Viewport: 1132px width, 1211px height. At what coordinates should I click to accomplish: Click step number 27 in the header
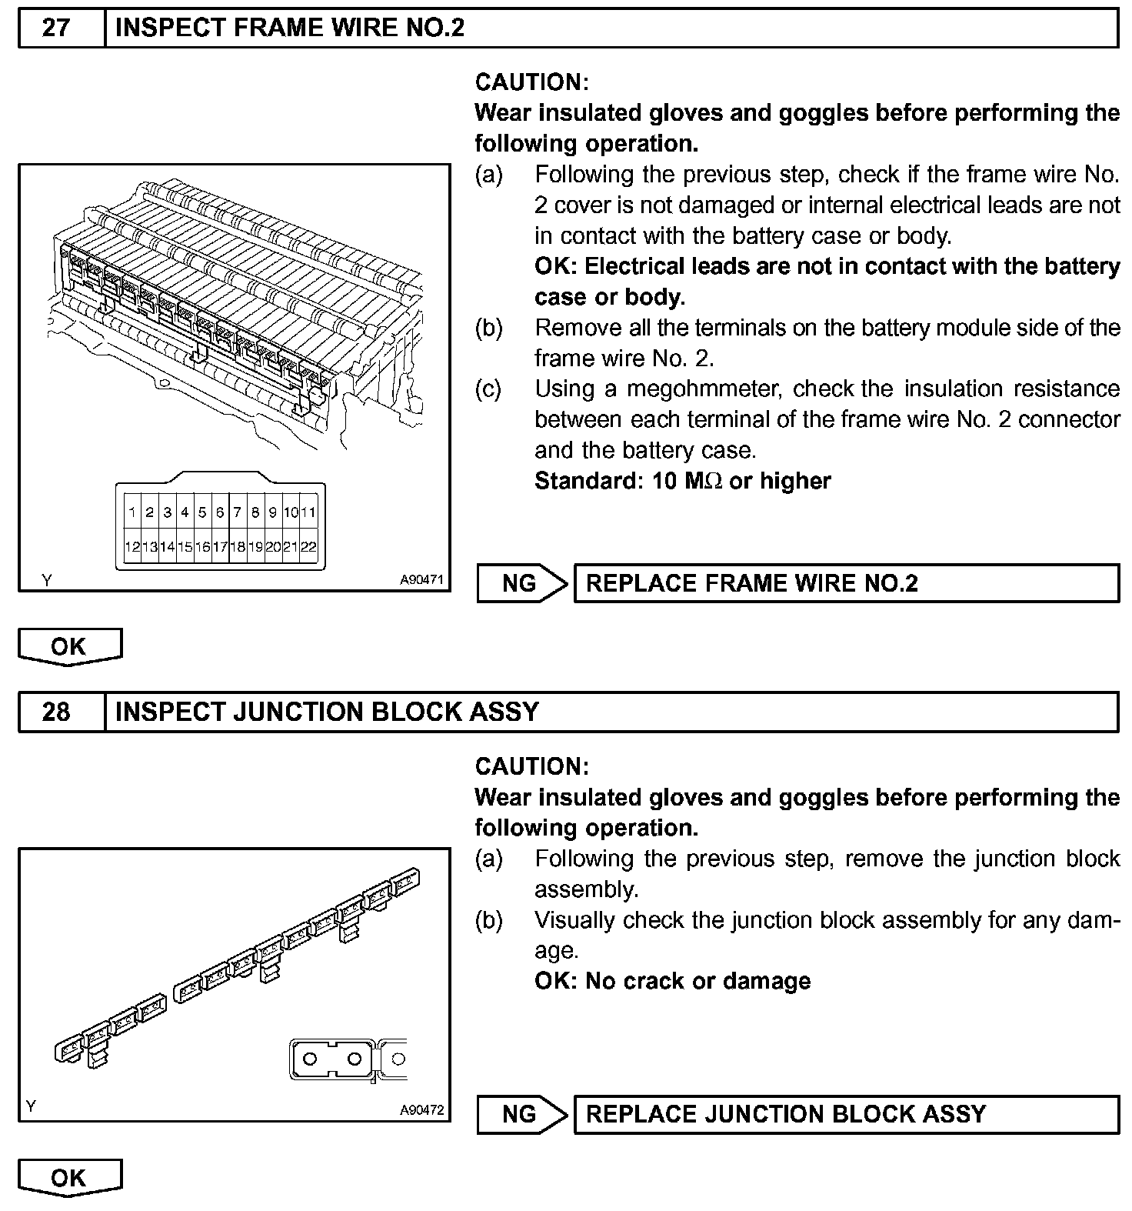[57, 28]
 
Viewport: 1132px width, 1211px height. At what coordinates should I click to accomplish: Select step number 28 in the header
[57, 712]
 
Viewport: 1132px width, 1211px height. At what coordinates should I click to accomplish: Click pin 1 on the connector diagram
[132, 512]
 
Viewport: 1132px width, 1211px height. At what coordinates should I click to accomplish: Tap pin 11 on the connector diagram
[308, 512]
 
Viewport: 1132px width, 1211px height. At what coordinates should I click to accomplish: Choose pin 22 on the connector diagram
[308, 547]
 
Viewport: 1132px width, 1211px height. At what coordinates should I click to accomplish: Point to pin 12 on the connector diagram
[132, 547]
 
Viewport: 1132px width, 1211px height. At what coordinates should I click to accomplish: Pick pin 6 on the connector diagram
[220, 512]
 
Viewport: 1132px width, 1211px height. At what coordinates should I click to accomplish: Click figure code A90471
[421, 580]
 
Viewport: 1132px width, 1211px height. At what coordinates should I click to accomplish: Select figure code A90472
[421, 1110]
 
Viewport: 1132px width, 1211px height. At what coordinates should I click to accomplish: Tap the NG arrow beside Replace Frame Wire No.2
[521, 583]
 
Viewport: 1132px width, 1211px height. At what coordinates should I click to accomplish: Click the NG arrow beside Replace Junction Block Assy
[521, 1114]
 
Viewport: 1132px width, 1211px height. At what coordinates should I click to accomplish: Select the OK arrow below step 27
[69, 646]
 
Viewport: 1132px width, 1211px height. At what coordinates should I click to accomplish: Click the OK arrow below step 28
[69, 1178]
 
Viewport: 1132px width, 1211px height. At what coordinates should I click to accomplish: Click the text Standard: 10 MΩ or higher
[682, 482]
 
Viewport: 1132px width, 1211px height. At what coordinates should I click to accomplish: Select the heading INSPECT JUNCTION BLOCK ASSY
[327, 712]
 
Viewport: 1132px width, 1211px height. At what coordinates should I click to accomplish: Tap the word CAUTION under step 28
[531, 766]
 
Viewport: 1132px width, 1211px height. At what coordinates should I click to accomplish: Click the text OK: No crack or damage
[672, 981]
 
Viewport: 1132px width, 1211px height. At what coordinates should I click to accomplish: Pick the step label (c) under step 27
[488, 389]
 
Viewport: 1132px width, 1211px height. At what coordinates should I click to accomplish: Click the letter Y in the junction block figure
[31, 1106]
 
